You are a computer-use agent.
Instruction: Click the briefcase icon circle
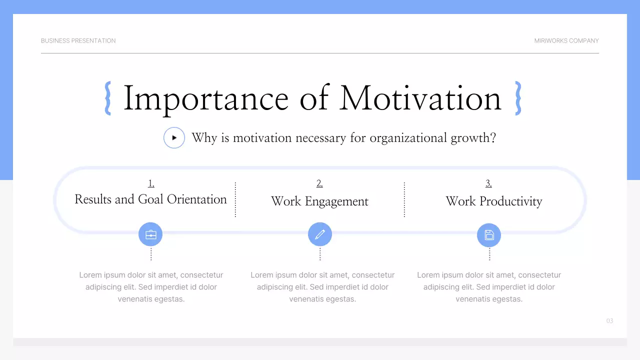click(150, 234)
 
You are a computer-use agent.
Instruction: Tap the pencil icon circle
click(320, 234)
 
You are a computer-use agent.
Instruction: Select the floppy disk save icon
click(489, 234)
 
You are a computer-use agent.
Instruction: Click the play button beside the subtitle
click(174, 137)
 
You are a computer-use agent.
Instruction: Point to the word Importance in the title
click(205, 98)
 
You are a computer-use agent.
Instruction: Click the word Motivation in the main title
click(420, 98)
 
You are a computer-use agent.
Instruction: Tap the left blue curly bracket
click(107, 98)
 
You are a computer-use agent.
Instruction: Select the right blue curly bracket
click(518, 98)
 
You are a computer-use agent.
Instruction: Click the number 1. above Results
click(151, 183)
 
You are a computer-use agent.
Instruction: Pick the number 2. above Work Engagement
click(319, 183)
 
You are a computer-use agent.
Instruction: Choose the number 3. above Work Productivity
click(488, 183)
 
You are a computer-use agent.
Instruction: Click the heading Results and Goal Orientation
click(150, 199)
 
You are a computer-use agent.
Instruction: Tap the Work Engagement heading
click(319, 201)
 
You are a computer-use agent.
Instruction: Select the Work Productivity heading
click(493, 201)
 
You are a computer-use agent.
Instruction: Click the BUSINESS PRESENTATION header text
click(78, 40)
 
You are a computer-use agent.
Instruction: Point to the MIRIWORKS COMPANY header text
click(566, 40)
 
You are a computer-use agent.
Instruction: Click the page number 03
click(609, 321)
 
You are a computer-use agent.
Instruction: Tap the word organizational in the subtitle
click(408, 137)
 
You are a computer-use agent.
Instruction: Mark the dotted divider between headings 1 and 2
click(235, 199)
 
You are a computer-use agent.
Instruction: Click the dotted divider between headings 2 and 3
click(404, 199)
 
